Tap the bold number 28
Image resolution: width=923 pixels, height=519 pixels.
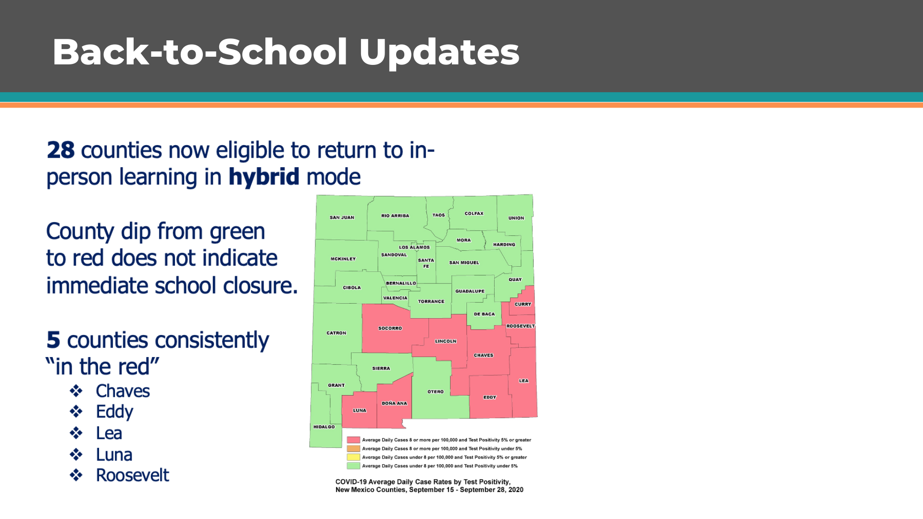coord(61,150)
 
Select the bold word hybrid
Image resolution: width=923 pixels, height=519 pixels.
coord(264,177)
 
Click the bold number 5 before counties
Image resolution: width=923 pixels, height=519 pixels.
coord(53,340)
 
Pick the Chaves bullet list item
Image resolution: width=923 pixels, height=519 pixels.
coord(123,391)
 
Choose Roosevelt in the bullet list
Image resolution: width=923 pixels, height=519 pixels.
coord(132,475)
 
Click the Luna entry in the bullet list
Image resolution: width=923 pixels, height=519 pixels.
coord(114,455)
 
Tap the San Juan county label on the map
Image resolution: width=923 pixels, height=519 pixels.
coord(342,218)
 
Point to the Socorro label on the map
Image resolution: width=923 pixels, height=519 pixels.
coord(390,329)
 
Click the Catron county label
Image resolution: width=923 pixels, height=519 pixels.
coord(337,333)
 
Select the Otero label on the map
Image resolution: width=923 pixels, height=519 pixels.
coord(436,392)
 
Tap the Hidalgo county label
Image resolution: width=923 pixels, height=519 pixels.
coord(324,427)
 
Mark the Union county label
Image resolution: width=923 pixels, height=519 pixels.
coord(516,218)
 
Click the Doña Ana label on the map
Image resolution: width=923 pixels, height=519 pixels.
coord(394,404)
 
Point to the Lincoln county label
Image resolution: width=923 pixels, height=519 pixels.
coord(446,342)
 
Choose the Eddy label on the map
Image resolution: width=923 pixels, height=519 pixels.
coord(490,397)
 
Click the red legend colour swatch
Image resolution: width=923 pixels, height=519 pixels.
coord(353,440)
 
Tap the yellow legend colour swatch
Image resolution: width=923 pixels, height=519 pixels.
coord(353,457)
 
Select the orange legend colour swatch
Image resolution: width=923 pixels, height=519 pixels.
coord(353,448)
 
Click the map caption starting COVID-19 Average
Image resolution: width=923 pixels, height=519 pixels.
coord(429,486)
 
